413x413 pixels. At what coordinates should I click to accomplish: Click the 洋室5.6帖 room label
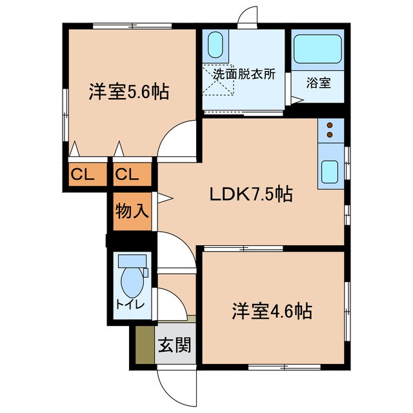pyautogui.click(x=128, y=92)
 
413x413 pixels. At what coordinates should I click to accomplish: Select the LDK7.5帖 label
pyautogui.click(x=251, y=194)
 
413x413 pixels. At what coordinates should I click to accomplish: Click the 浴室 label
pyautogui.click(x=318, y=82)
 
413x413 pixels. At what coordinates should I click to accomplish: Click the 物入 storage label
pyautogui.click(x=132, y=211)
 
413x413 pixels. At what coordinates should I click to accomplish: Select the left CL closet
pyautogui.click(x=83, y=174)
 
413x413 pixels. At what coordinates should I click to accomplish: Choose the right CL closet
pyautogui.click(x=128, y=174)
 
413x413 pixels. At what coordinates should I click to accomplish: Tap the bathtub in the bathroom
pyautogui.click(x=318, y=48)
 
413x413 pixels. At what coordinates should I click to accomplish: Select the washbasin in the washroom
pyautogui.click(x=216, y=46)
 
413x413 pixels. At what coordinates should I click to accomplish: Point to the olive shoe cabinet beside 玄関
pyautogui.click(x=145, y=346)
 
